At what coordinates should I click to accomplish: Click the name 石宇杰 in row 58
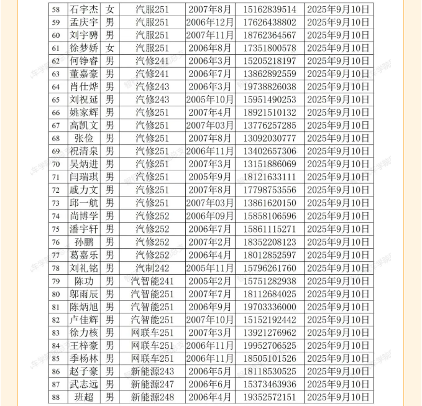pos(84,9)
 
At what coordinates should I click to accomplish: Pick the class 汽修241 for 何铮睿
pos(152,61)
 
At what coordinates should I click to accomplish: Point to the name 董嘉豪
pos(84,74)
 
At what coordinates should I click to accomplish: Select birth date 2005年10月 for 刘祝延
pos(210,99)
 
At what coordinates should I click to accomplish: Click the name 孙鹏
pos(84,242)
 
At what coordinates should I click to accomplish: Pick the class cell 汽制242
pos(152,268)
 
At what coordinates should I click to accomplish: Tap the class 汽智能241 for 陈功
pos(152,281)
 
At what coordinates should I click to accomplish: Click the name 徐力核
pos(84,333)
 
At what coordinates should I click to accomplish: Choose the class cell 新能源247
pos(152,384)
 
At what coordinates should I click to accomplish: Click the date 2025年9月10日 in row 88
pos(338,397)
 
